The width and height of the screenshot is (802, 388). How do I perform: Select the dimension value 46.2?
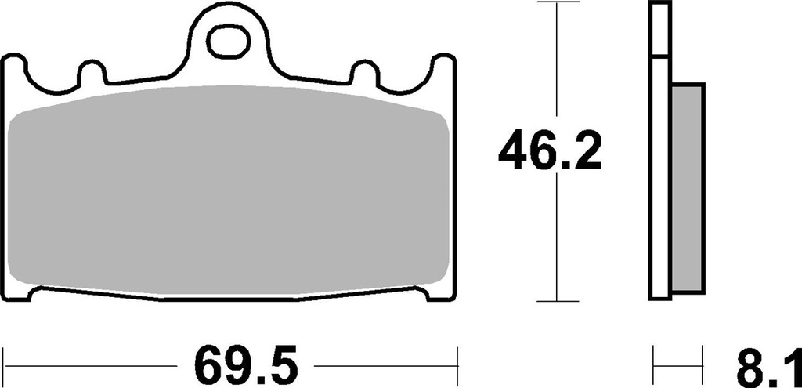(550, 153)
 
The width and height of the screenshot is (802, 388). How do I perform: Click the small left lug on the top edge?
(92, 74)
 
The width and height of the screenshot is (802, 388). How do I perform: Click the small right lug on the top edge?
(363, 74)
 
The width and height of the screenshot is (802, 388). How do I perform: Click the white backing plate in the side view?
(660, 188)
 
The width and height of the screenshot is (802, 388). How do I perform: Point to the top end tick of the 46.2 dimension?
(556, 4)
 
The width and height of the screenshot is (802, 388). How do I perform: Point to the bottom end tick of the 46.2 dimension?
(556, 300)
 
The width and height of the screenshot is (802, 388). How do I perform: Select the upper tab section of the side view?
(660, 30)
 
